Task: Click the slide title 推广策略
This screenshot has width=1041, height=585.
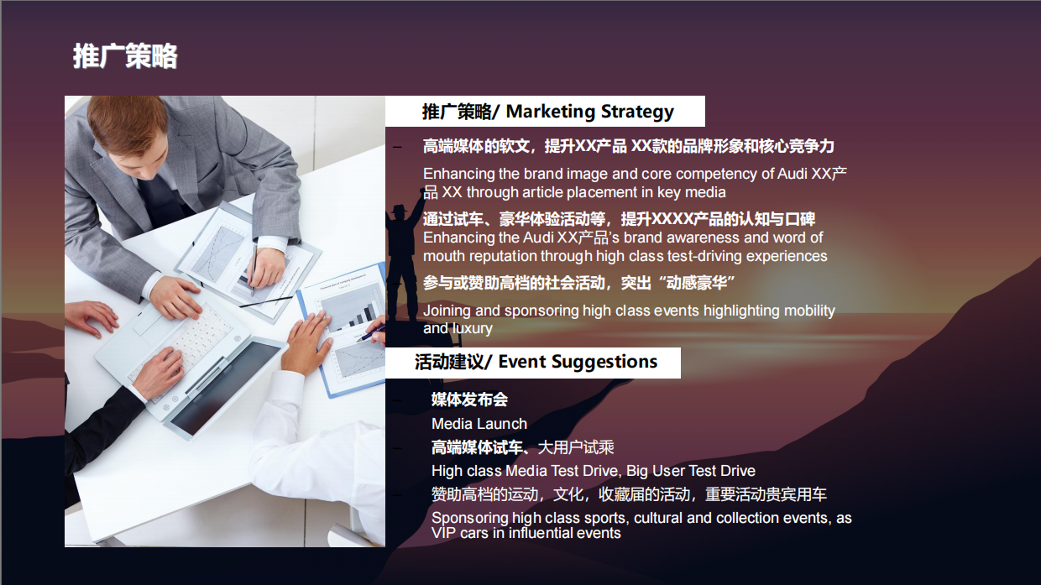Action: pyautogui.click(x=124, y=56)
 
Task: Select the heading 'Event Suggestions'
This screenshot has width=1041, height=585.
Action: pyautogui.click(x=578, y=362)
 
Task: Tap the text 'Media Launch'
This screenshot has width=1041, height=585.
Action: pyautogui.click(x=479, y=424)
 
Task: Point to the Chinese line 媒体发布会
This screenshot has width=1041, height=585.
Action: pyautogui.click(x=469, y=400)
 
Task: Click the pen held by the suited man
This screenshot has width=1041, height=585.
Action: pyautogui.click(x=252, y=269)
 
